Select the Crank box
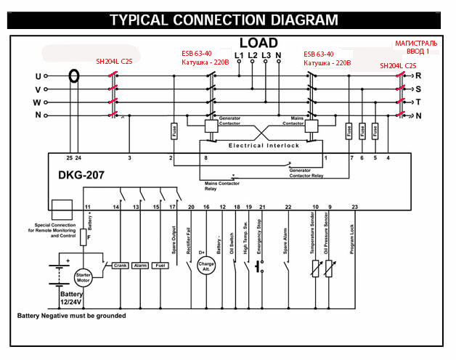point(120,266)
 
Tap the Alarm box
point(141,266)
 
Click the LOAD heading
point(259,42)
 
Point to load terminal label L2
point(252,55)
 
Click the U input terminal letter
point(38,75)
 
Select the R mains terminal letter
point(419,75)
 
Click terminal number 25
point(70,157)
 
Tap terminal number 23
point(354,208)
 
